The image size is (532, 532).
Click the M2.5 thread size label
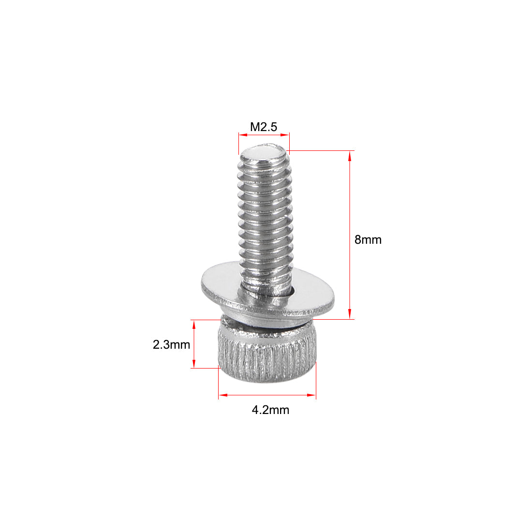[x=264, y=127]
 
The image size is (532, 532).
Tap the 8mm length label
[x=368, y=239]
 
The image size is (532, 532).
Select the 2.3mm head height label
[x=171, y=345]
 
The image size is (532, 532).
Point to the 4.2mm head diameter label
[x=270, y=410]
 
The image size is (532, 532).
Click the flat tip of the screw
[x=264, y=155]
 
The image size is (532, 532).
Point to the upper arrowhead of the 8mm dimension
[x=350, y=154]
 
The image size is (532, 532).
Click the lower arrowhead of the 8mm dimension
[x=350, y=316]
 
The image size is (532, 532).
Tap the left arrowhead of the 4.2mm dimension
[x=222, y=396]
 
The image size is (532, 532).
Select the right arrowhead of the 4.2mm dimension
[x=312, y=396]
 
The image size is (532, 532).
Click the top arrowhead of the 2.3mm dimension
[x=194, y=323]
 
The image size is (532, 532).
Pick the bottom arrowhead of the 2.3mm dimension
[x=194, y=365]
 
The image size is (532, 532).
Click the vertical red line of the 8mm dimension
[x=350, y=203]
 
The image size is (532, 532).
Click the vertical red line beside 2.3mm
[x=194, y=344]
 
